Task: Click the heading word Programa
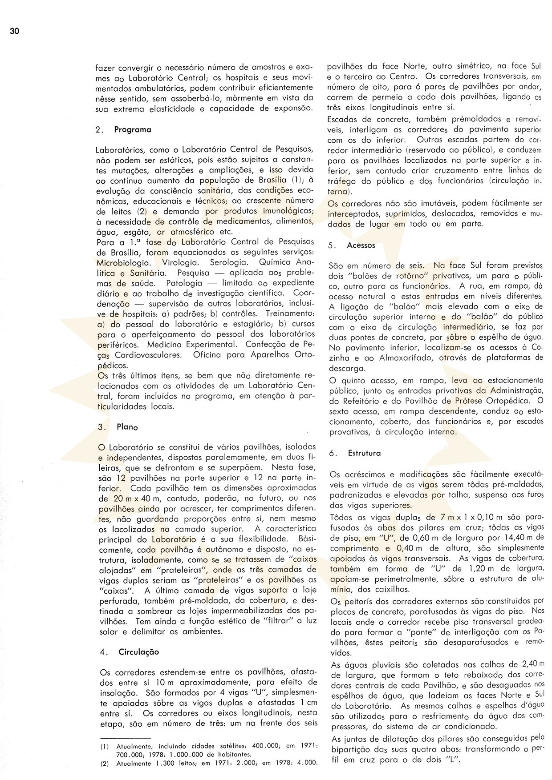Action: (133, 130)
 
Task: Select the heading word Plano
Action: (127, 427)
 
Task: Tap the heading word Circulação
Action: (138, 652)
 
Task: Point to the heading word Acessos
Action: (361, 245)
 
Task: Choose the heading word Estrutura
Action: (364, 453)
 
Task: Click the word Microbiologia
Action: (123, 262)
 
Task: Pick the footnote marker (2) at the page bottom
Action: (104, 762)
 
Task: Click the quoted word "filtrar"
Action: (275, 621)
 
